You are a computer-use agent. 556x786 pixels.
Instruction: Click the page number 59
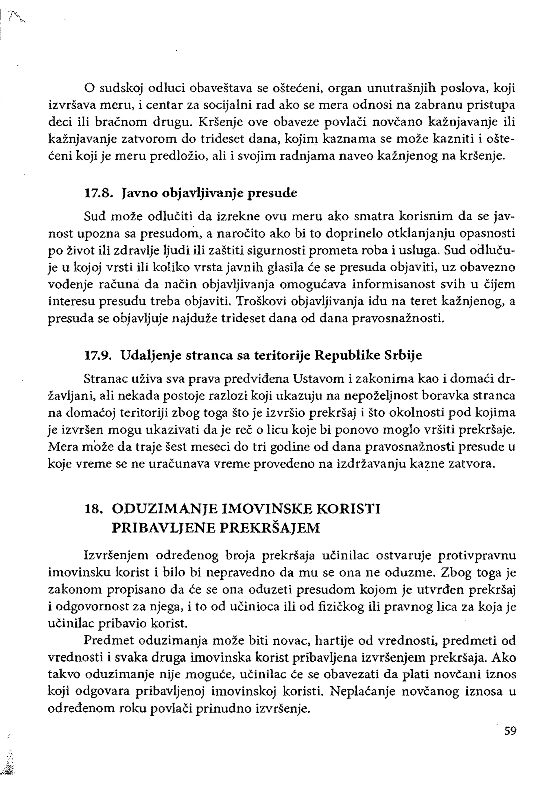pyautogui.click(x=510, y=731)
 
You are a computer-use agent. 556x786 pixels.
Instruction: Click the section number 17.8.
pyautogui.click(x=98, y=193)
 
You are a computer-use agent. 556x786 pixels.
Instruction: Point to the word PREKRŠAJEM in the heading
pyautogui.click(x=270, y=528)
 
